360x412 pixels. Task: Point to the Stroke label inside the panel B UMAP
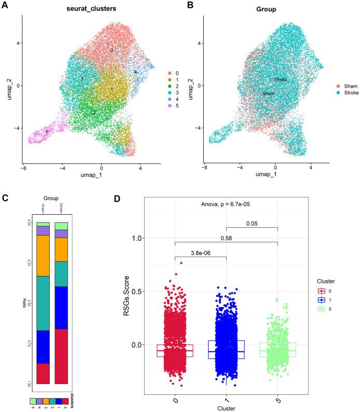tap(281, 79)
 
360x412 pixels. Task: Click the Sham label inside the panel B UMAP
tap(268, 93)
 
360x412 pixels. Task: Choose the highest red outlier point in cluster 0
tap(181, 263)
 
